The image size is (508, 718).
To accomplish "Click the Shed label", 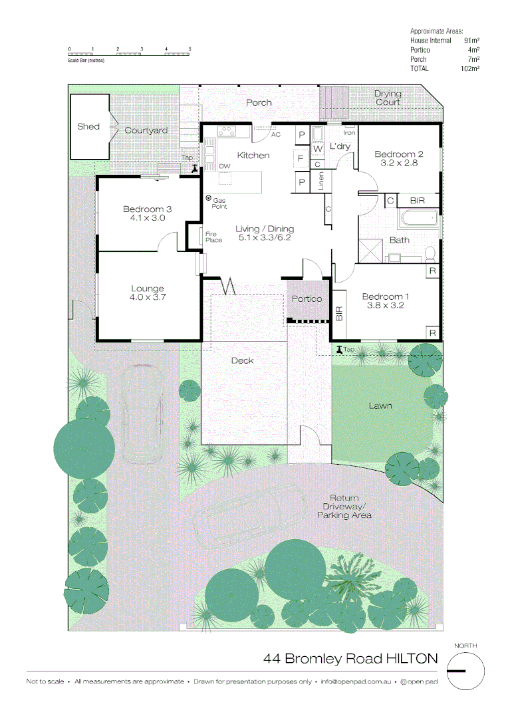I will (x=88, y=126).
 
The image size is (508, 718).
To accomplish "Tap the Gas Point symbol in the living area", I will (x=207, y=198).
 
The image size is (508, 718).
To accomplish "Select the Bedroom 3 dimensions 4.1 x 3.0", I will (x=147, y=217).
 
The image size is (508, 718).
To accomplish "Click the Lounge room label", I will (x=147, y=289).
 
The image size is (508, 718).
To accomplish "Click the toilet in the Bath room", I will (x=430, y=253).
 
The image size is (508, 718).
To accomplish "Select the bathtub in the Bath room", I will (x=418, y=218).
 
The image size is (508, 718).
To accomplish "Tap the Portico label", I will (x=307, y=299).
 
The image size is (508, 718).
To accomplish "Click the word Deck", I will (x=242, y=360).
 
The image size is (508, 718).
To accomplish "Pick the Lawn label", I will (x=380, y=406).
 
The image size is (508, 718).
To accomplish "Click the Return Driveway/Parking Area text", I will (x=344, y=507).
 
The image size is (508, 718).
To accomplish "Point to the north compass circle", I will (x=465, y=671).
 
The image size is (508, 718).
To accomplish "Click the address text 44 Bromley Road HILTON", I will (x=350, y=659).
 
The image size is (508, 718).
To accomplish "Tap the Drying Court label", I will (x=387, y=98).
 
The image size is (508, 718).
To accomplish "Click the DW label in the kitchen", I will (x=225, y=166).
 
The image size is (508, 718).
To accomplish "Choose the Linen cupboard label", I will (x=321, y=181).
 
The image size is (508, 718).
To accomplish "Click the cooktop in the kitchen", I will (x=227, y=131).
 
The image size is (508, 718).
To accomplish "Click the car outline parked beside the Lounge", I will (x=142, y=414).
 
